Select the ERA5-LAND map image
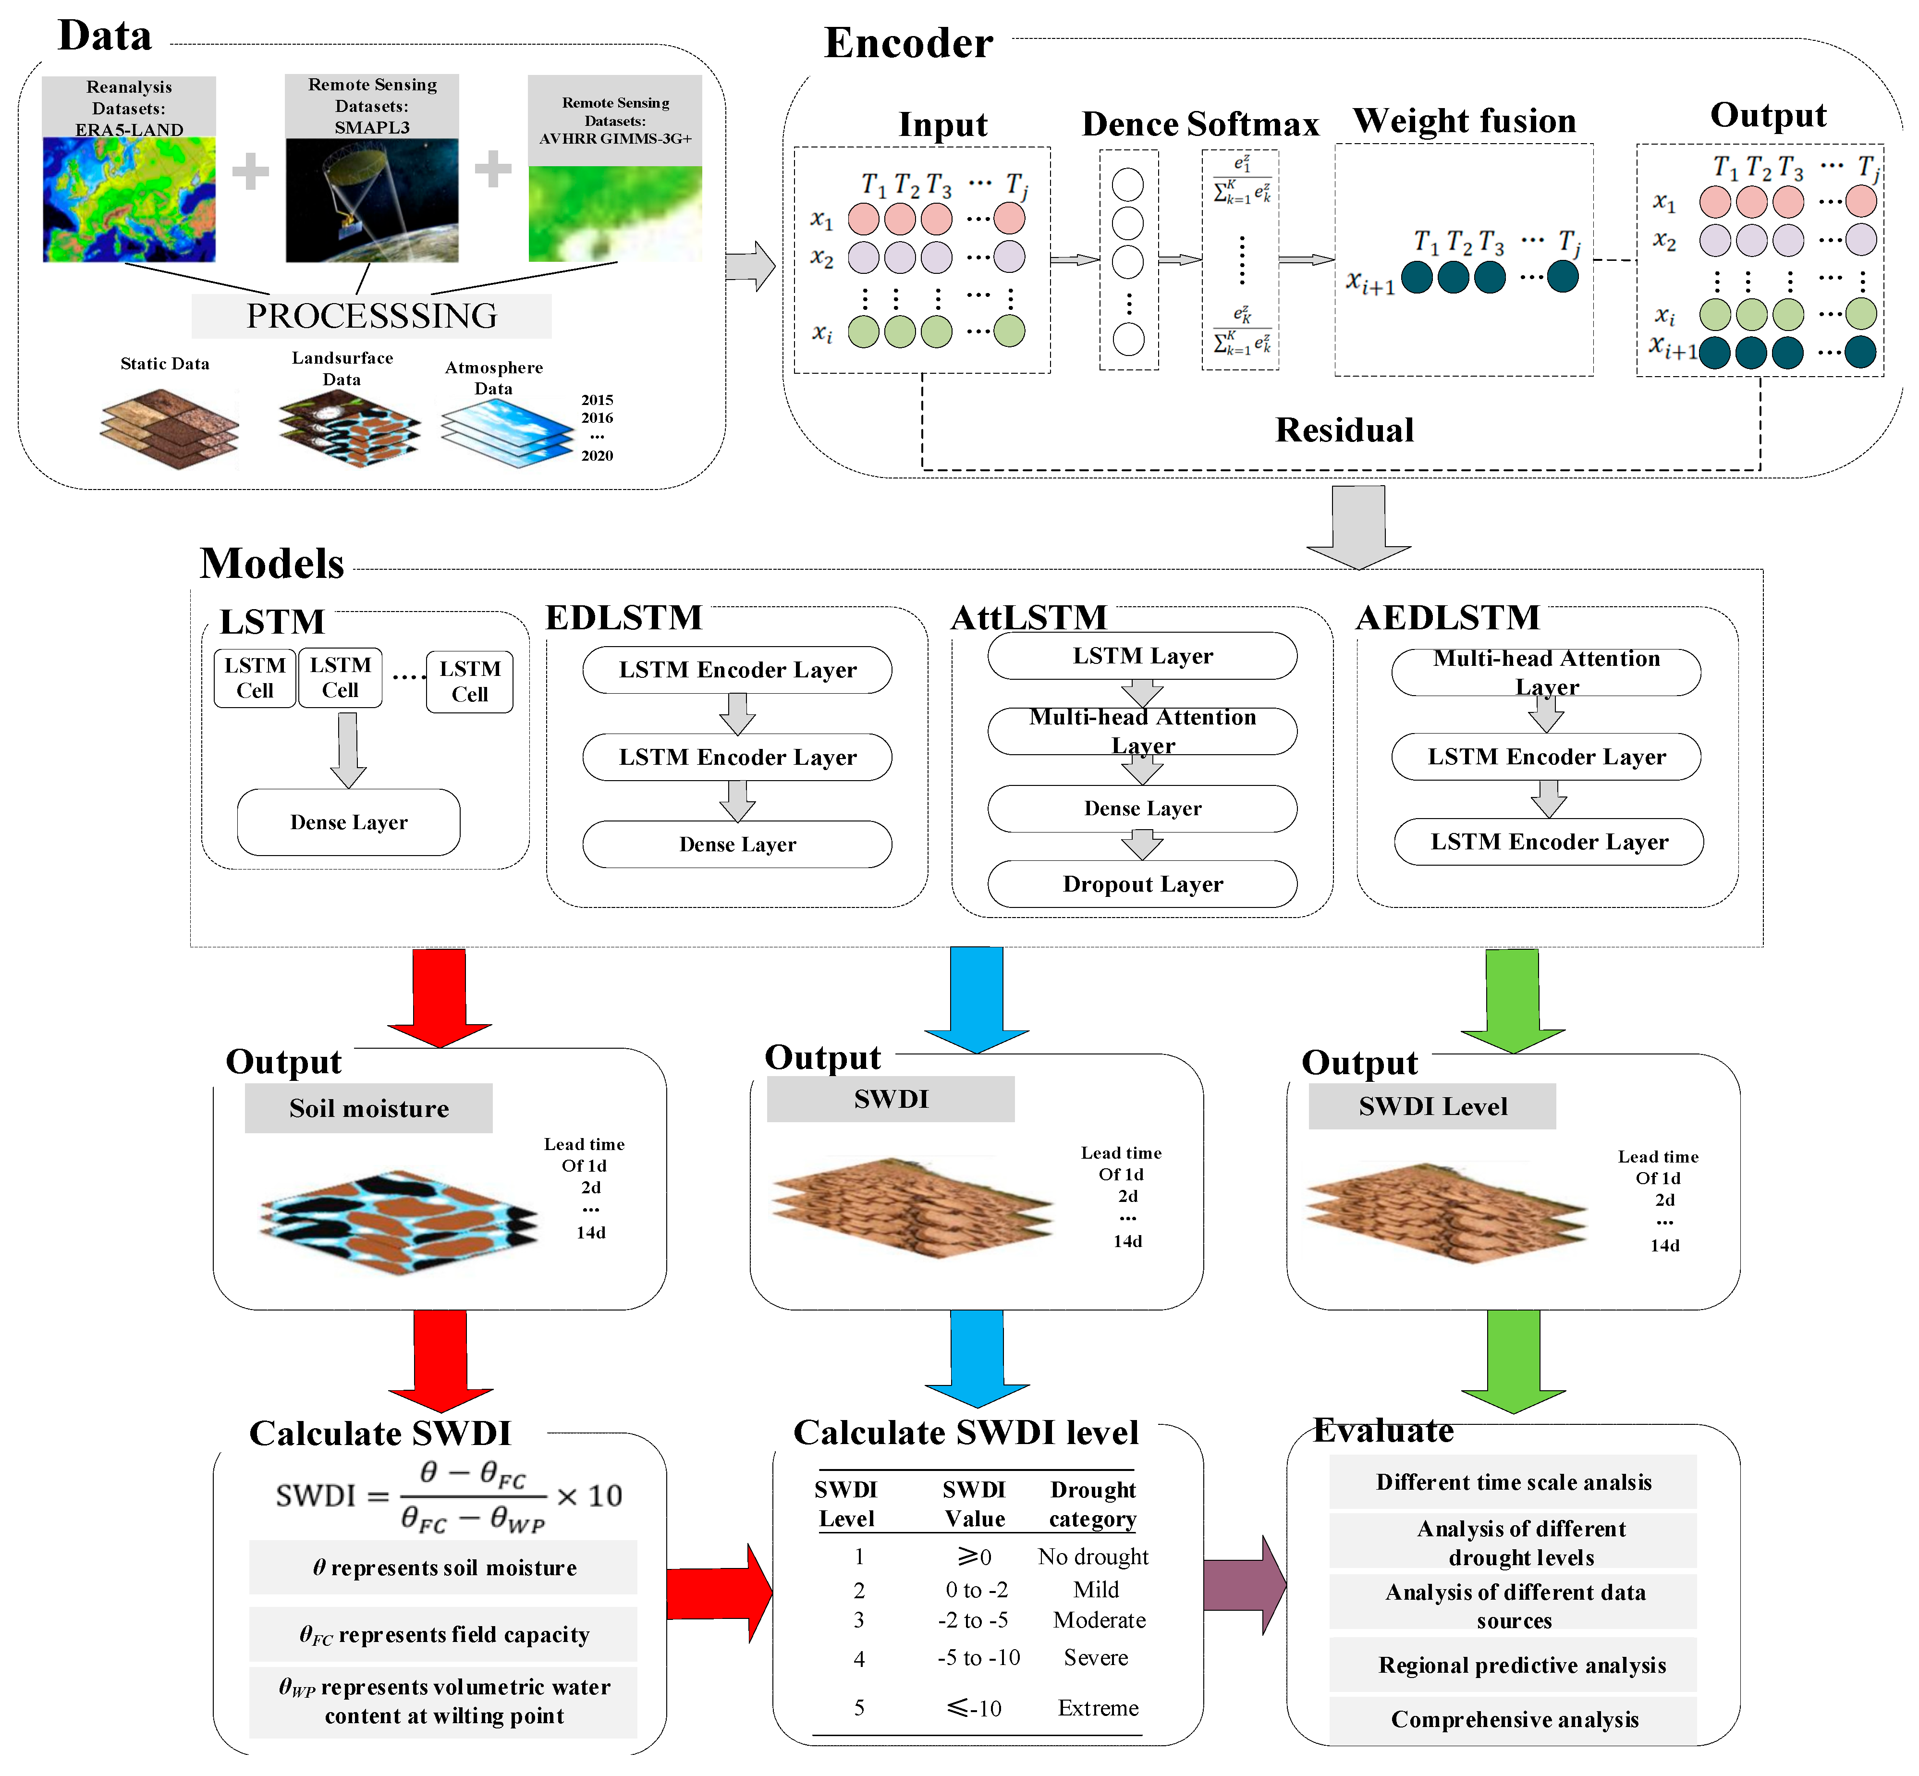point(129,199)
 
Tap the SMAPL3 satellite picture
point(372,200)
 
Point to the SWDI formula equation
point(449,1496)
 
